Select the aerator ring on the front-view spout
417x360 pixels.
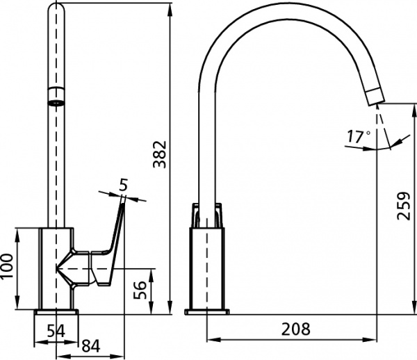click(57, 97)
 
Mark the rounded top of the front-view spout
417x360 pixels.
click(57, 10)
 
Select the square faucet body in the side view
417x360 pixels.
click(206, 268)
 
